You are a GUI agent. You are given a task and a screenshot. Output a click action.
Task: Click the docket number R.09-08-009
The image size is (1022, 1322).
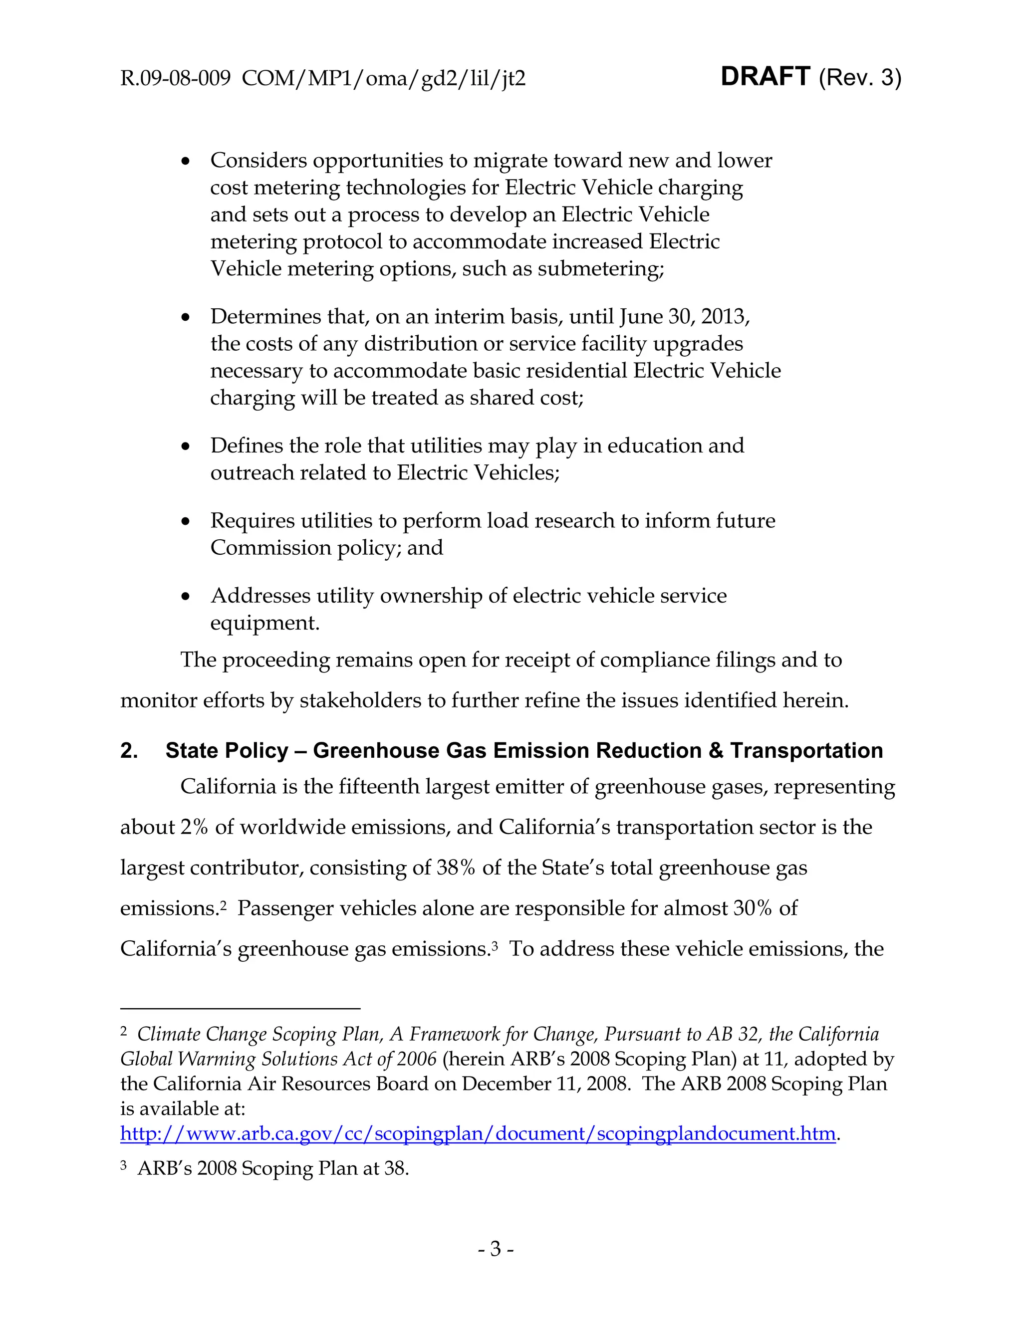pos(175,79)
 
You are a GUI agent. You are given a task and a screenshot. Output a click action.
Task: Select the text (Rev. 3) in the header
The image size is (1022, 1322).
pos(860,78)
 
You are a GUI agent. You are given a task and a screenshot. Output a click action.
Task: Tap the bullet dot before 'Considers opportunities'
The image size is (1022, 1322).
pos(186,162)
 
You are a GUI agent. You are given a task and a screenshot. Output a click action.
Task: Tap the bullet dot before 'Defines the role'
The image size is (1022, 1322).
pos(186,446)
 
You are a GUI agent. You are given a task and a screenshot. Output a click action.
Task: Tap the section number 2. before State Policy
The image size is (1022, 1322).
pos(129,751)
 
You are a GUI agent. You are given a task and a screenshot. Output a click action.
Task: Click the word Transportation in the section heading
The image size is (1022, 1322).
pos(806,751)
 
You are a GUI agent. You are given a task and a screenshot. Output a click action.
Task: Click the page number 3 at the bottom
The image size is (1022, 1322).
pos(495,1249)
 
